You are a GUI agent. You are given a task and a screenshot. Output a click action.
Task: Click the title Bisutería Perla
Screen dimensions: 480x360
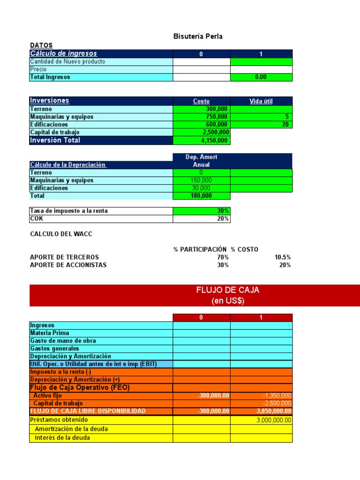point(198,37)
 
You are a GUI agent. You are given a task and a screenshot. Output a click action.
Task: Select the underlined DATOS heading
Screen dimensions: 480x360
point(41,45)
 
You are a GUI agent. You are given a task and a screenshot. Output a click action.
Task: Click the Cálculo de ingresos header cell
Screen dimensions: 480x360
point(63,53)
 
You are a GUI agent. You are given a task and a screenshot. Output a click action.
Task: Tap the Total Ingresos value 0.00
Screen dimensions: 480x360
point(261,77)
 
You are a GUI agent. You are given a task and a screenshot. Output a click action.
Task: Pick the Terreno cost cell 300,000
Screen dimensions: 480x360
point(217,109)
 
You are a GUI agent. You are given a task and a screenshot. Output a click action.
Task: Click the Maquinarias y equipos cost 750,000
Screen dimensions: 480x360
point(217,117)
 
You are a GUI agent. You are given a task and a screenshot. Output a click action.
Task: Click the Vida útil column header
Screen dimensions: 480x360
point(261,101)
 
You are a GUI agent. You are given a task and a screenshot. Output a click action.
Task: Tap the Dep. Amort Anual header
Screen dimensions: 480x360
point(201,161)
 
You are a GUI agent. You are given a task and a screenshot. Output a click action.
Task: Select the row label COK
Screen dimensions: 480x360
point(36,218)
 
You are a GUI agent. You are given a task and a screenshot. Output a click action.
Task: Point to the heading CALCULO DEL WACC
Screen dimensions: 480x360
point(61,234)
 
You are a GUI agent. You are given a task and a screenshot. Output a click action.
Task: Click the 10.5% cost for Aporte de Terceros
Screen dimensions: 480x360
point(282,257)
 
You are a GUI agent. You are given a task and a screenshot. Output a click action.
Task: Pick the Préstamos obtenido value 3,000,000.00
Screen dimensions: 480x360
point(274,420)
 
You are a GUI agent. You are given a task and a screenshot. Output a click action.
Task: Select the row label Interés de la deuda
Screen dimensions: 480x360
point(62,438)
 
